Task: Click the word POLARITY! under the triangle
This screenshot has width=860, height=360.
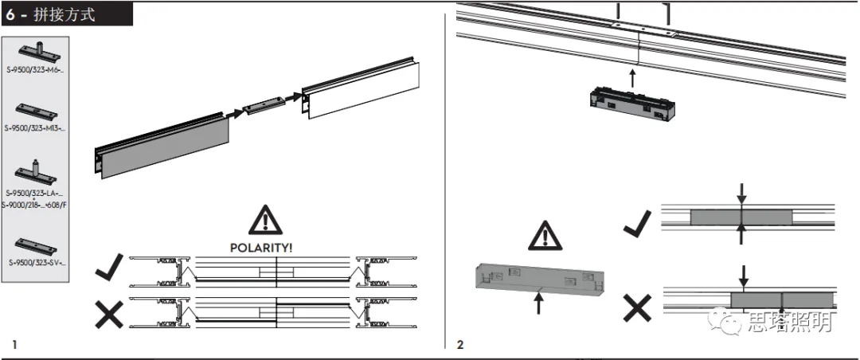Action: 261,248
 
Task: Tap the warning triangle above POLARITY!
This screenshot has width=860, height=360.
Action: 264,220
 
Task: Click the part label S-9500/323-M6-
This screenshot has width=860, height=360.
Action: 35,70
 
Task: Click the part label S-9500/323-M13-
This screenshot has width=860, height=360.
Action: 35,127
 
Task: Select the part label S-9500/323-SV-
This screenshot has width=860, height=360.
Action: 35,262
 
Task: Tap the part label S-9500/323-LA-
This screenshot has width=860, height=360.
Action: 35,194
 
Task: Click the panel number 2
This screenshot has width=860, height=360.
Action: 460,345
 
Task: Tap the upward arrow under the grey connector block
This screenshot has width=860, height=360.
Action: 540,302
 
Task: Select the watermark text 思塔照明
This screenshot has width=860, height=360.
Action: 788,323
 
